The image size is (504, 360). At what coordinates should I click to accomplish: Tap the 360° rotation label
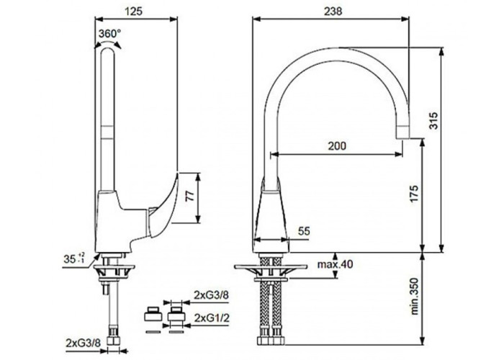(x=109, y=33)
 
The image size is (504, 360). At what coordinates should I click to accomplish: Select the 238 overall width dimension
(x=333, y=12)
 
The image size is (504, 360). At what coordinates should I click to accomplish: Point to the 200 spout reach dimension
(x=337, y=146)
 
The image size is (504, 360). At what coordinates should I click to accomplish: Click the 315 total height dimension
(x=434, y=120)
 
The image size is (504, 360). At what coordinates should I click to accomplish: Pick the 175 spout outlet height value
(x=414, y=194)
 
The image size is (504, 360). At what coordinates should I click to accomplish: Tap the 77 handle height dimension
(x=191, y=196)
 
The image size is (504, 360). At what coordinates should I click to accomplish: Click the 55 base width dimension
(x=304, y=231)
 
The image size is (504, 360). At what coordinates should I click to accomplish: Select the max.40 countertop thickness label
(x=336, y=264)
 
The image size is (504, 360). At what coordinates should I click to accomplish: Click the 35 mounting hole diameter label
(x=74, y=258)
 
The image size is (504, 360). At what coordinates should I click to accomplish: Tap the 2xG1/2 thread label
(x=212, y=318)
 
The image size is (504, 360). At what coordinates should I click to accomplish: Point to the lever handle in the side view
(x=162, y=206)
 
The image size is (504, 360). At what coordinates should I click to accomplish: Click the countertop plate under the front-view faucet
(x=271, y=266)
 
